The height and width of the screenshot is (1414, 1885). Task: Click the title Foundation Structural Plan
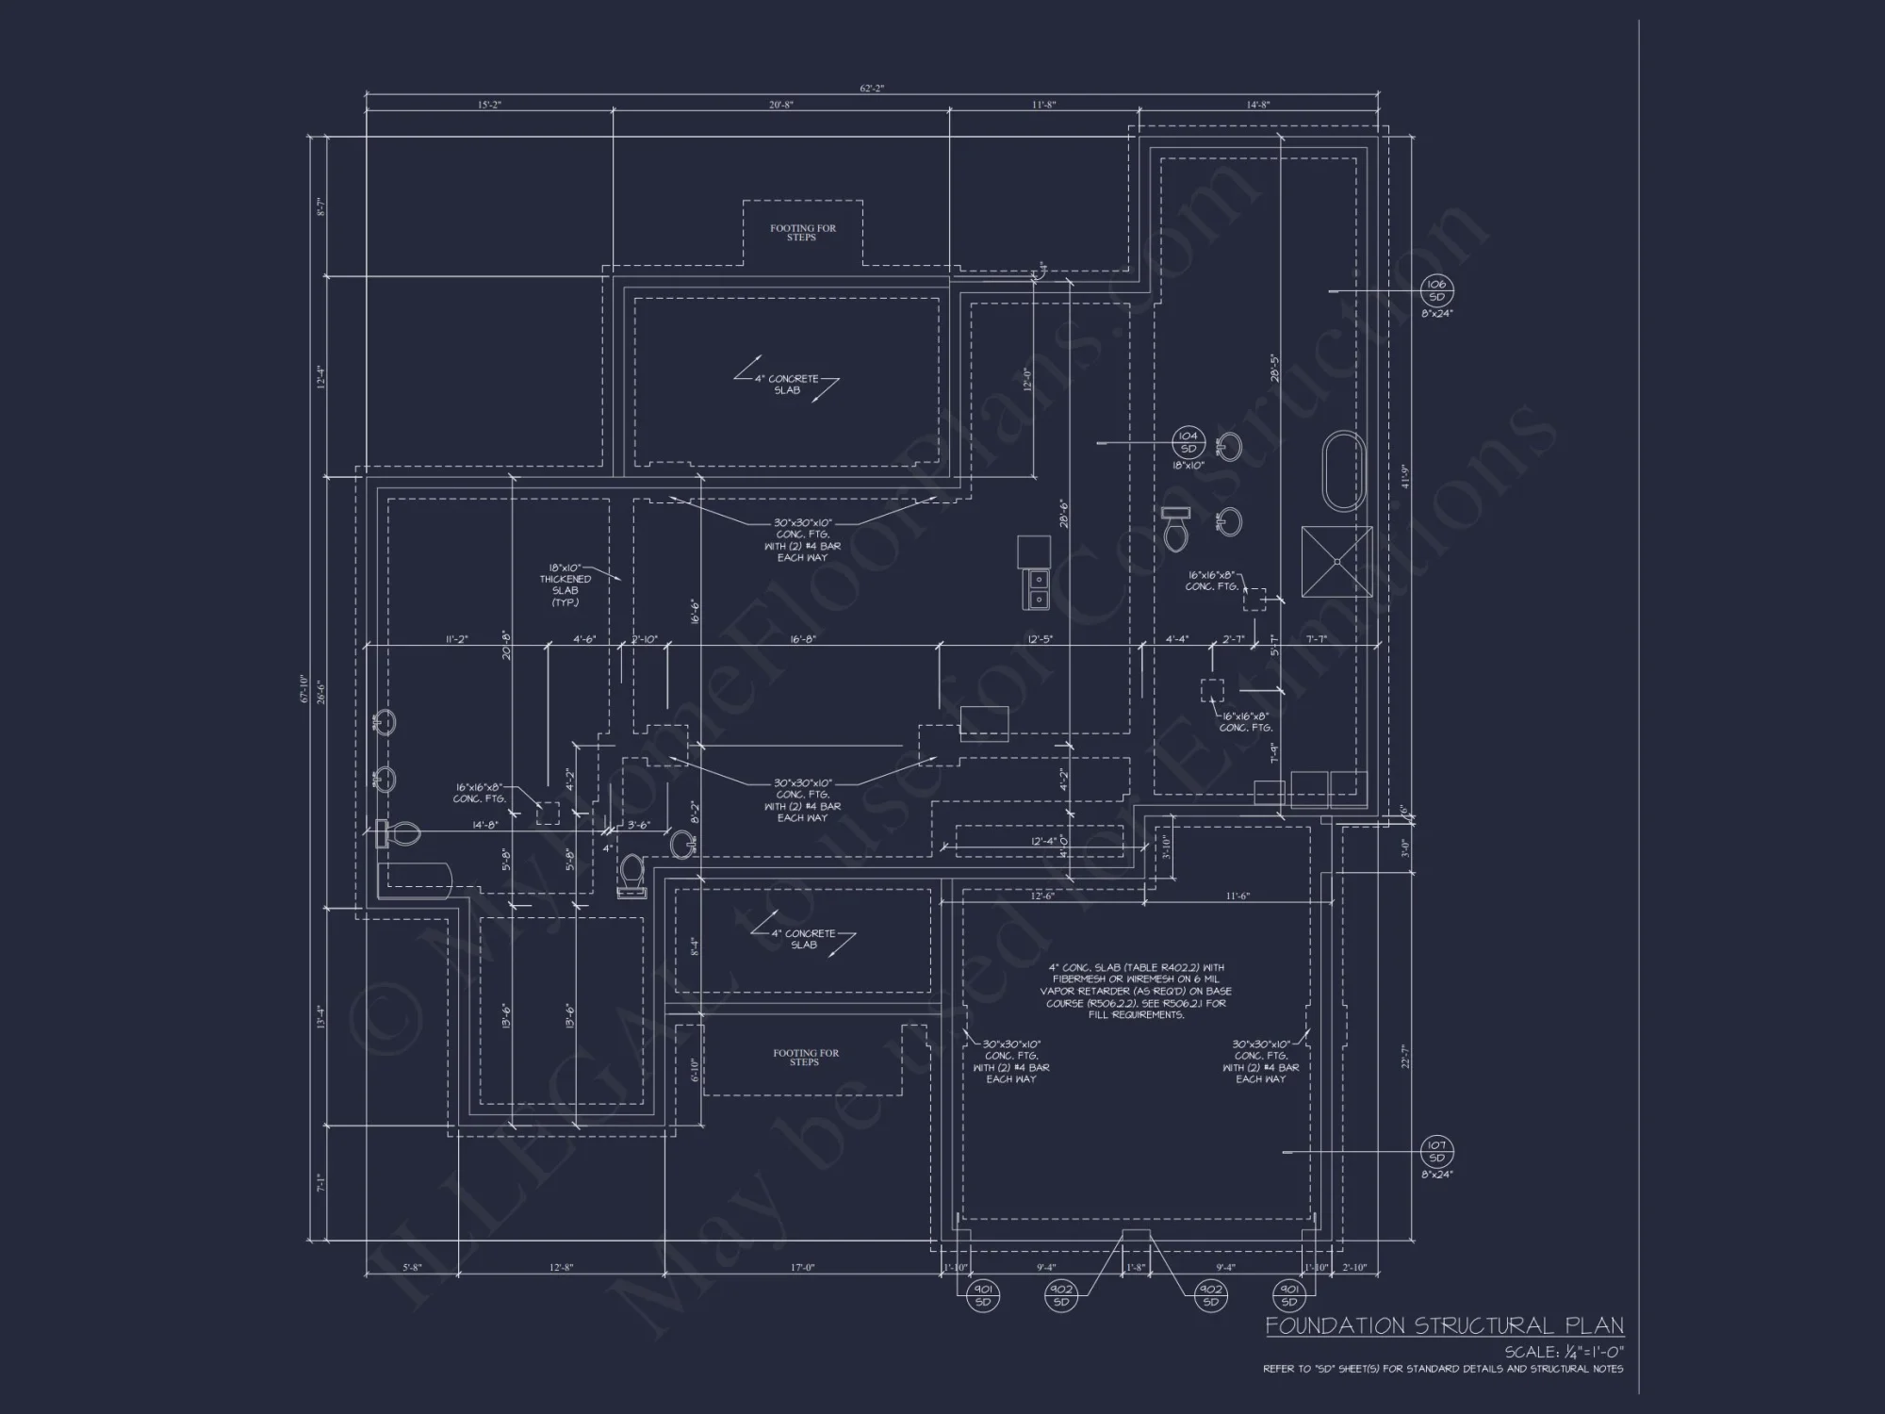pyautogui.click(x=1444, y=1325)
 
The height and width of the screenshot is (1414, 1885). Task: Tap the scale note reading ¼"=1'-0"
pyautogui.click(x=1564, y=1352)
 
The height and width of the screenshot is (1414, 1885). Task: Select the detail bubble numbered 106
pyautogui.click(x=1436, y=290)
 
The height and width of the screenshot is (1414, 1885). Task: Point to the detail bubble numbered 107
pyautogui.click(x=1436, y=1152)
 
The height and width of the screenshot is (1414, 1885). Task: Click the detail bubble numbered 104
pyautogui.click(x=1188, y=441)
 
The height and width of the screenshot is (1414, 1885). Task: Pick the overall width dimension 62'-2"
pyautogui.click(x=872, y=89)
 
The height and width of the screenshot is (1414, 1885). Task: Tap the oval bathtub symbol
pyautogui.click(x=1345, y=471)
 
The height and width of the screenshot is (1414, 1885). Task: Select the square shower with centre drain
pyautogui.click(x=1336, y=561)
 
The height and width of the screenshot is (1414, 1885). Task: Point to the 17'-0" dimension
pyautogui.click(x=802, y=1268)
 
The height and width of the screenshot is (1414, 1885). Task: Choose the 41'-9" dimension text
pyautogui.click(x=1404, y=476)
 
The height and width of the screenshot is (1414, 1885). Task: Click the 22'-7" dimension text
pyautogui.click(x=1404, y=1056)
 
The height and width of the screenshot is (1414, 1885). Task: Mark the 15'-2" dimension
pyautogui.click(x=489, y=105)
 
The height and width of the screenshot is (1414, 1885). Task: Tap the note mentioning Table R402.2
pyautogui.click(x=1136, y=991)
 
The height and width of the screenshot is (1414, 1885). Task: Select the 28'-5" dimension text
pyautogui.click(x=1274, y=368)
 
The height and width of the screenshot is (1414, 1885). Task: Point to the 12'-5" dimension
pyautogui.click(x=1040, y=639)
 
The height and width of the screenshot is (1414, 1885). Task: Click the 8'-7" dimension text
pyautogui.click(x=321, y=206)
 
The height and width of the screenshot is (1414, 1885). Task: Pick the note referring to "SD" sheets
pyautogui.click(x=1443, y=1369)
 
